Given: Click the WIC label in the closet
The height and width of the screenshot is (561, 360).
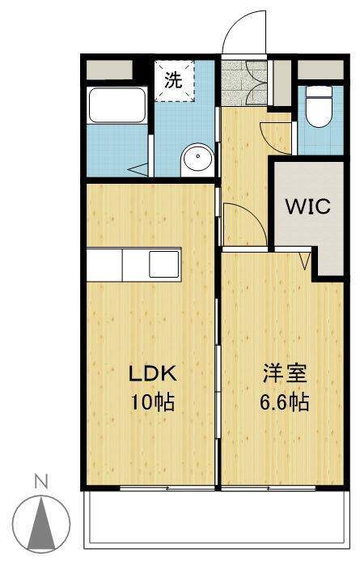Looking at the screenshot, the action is click(x=307, y=206).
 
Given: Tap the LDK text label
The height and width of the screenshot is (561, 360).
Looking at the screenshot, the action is click(x=153, y=373).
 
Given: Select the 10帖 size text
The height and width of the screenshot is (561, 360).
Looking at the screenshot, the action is click(x=153, y=402).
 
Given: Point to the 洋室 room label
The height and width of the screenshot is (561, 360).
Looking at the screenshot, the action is click(x=285, y=373).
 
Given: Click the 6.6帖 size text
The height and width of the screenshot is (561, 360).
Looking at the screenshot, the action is click(x=285, y=402).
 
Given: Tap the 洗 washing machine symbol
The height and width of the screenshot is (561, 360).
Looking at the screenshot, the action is click(x=175, y=81).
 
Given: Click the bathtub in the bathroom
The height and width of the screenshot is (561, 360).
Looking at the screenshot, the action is click(x=117, y=105).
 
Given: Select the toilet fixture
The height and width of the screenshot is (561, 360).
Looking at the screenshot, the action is click(x=320, y=106).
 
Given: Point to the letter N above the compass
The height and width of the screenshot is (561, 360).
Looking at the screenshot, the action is click(x=41, y=482).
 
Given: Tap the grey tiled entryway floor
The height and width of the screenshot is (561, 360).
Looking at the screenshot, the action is click(x=244, y=83).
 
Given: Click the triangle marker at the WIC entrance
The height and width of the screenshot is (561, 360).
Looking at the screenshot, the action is click(x=305, y=261).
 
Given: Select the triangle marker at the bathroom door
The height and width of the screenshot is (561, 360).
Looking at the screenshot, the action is click(x=138, y=169).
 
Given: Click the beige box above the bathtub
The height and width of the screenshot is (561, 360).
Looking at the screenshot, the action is click(x=109, y=70).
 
